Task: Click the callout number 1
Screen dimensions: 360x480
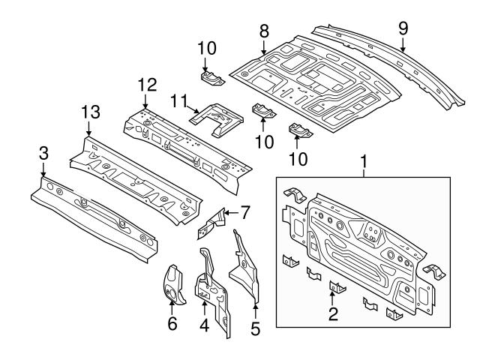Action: click(364, 160)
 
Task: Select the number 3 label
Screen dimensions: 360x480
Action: click(43, 152)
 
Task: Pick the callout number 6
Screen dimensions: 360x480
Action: click(172, 324)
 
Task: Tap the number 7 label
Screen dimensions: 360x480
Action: click(244, 212)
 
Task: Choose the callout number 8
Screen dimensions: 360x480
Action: click(263, 31)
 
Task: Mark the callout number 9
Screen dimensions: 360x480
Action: click(403, 29)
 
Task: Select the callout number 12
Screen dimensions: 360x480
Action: click(145, 85)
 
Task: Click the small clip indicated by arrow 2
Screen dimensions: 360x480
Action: click(335, 286)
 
